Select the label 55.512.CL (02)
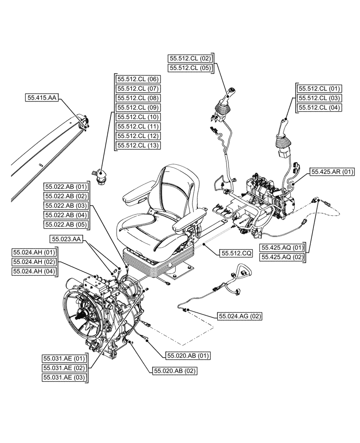[191, 58]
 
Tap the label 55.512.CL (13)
[138, 145]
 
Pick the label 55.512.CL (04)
[318, 107]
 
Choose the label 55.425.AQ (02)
[283, 257]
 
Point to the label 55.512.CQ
[236, 253]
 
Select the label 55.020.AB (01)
[188, 355]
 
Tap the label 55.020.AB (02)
[174, 370]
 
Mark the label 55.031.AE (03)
[65, 377]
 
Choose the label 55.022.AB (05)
[66, 225]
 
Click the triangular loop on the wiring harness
[243, 268]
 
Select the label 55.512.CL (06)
[138, 79]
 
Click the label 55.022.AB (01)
[66, 186]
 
